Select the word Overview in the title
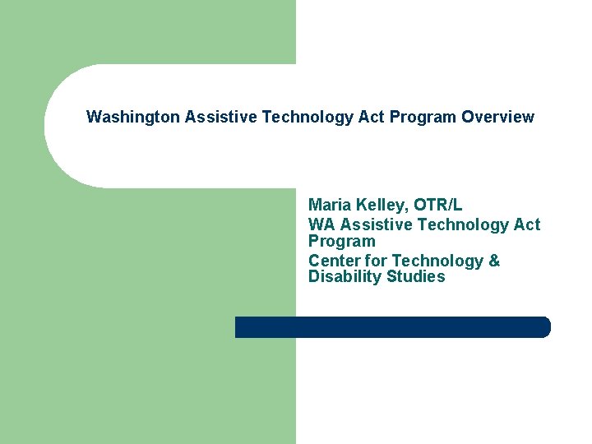pos(497,118)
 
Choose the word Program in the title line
pos(423,118)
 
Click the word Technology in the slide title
pos(308,118)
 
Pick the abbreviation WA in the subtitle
pos(321,224)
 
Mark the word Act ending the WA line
pos(527,224)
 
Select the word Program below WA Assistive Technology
pos(341,242)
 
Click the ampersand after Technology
pos(494,261)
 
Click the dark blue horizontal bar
pos(392,327)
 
